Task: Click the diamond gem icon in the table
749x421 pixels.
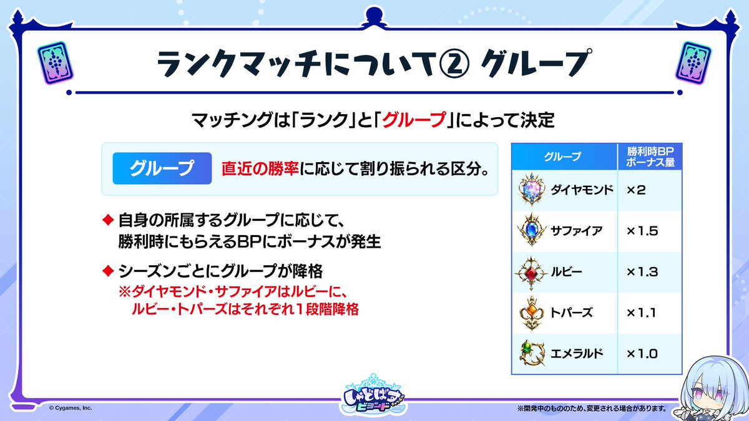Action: pos(532,190)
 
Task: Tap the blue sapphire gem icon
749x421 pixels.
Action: pos(532,230)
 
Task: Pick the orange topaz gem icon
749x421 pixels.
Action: pos(532,313)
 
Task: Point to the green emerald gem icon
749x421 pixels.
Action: pos(532,353)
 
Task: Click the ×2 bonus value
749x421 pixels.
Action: pos(636,190)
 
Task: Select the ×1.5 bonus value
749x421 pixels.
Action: pos(642,231)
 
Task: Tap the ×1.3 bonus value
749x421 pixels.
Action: pos(642,272)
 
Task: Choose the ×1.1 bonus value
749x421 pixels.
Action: pos(641,312)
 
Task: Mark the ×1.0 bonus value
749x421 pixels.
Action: pos(642,354)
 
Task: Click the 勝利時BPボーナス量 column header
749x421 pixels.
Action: pos(650,157)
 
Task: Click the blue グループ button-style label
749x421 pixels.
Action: pos(162,168)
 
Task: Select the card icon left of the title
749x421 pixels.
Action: pos(55,63)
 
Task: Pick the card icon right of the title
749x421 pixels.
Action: pos(693,63)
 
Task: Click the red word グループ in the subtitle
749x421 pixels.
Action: pos(414,120)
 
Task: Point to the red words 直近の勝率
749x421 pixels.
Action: pos(260,169)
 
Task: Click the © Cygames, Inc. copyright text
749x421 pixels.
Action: pos(71,408)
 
